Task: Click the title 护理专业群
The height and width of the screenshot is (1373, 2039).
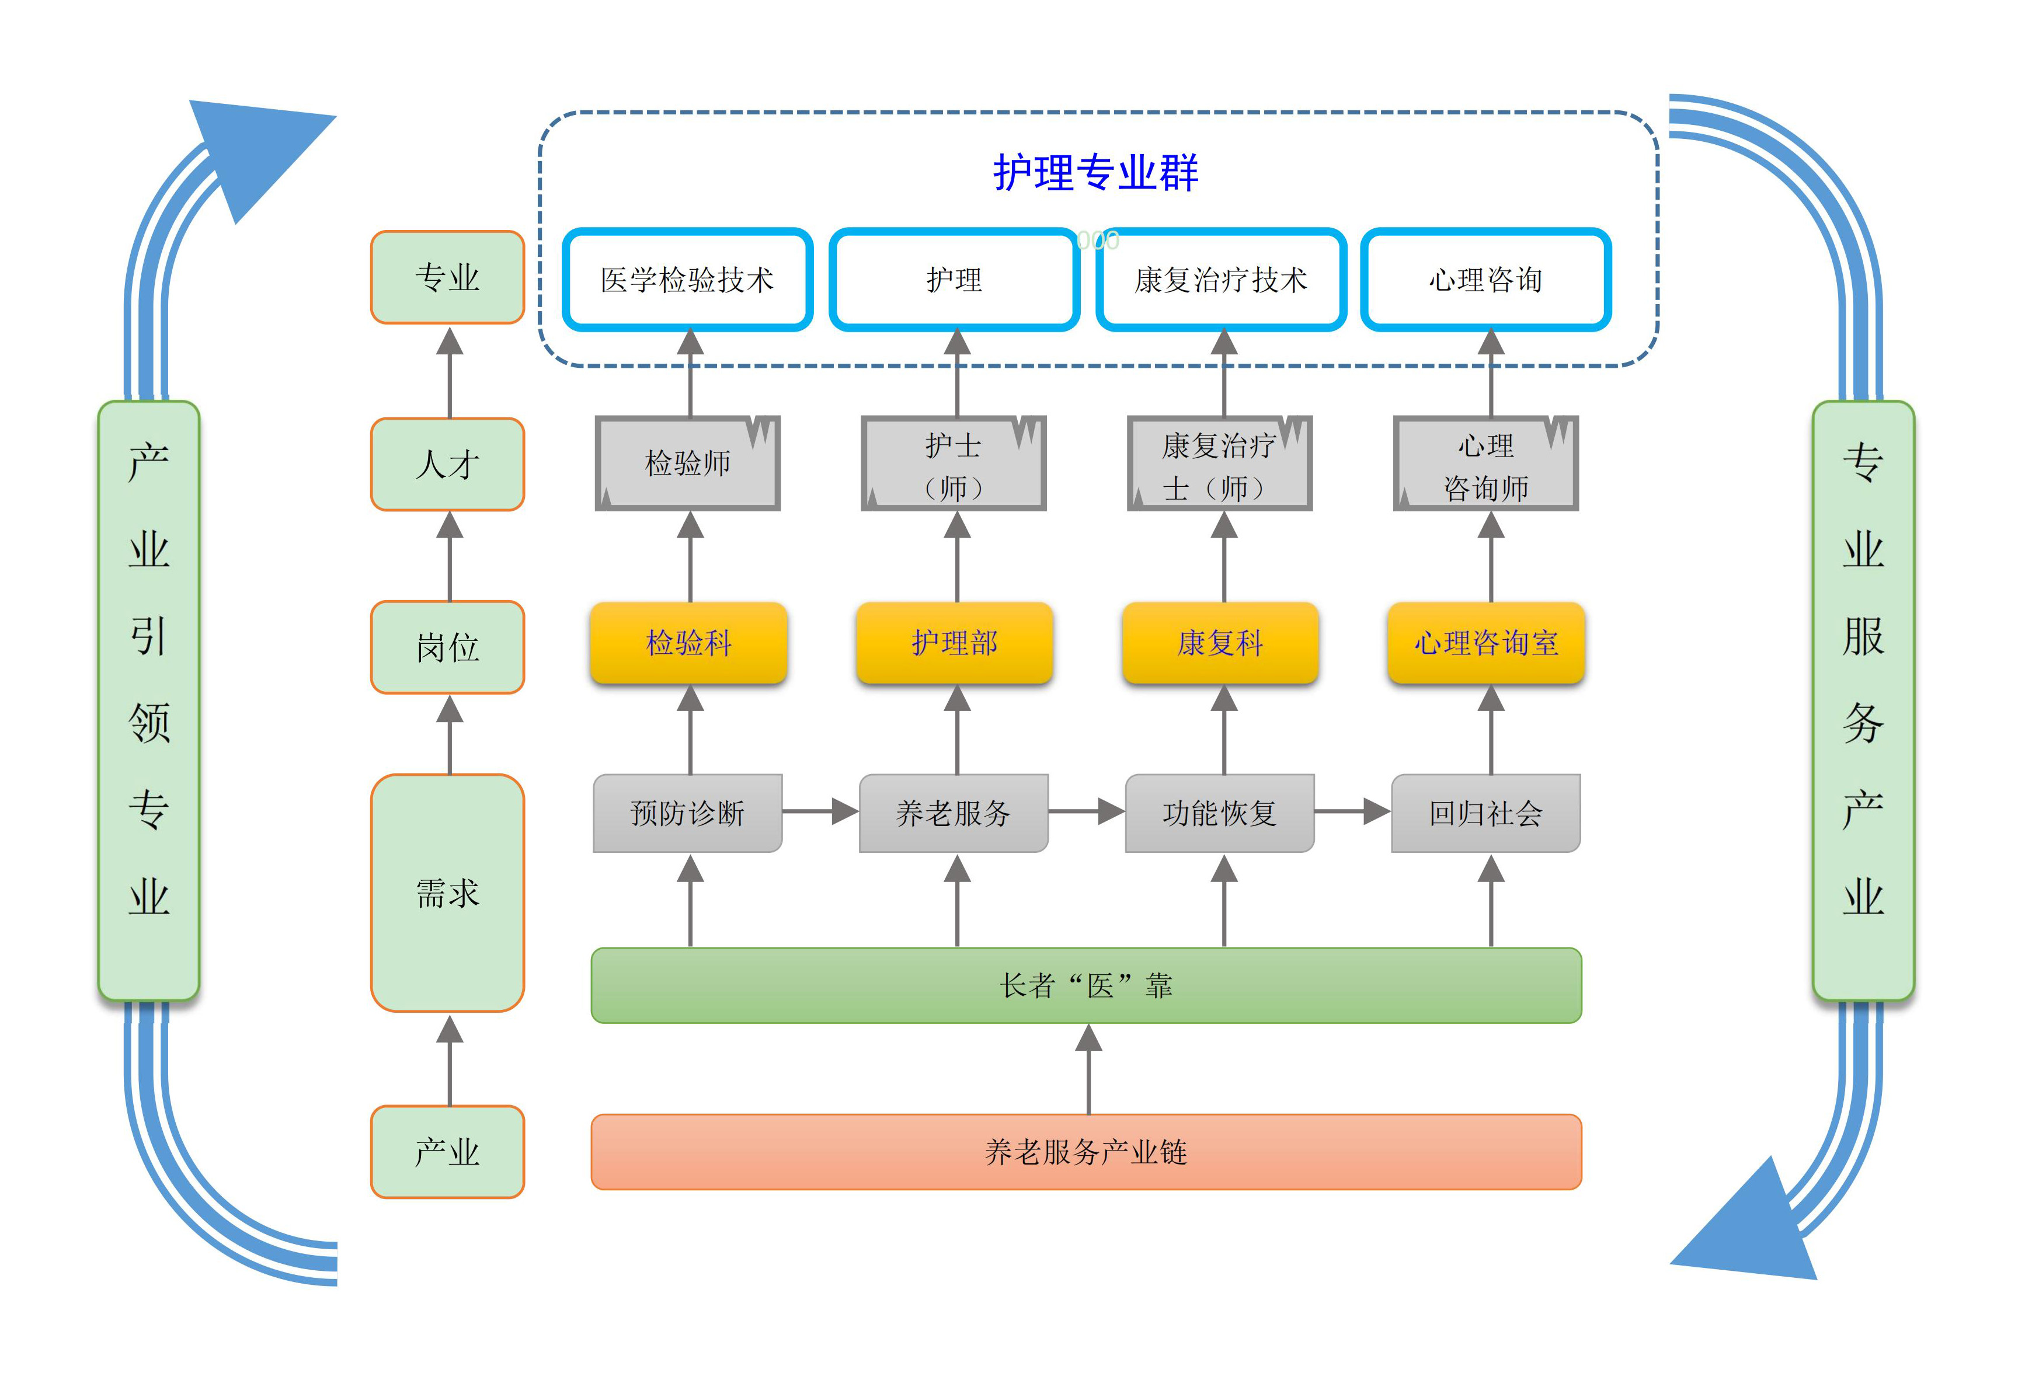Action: coord(1095,173)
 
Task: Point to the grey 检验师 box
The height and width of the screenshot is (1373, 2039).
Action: coord(688,464)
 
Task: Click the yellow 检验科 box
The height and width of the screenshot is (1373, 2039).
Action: coord(688,643)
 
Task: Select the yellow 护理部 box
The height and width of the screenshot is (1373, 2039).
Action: coord(954,643)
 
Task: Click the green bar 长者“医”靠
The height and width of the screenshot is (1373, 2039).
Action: coord(1086,986)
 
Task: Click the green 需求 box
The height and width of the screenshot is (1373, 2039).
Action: coord(447,893)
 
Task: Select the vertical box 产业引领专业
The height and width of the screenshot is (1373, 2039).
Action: coord(149,701)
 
